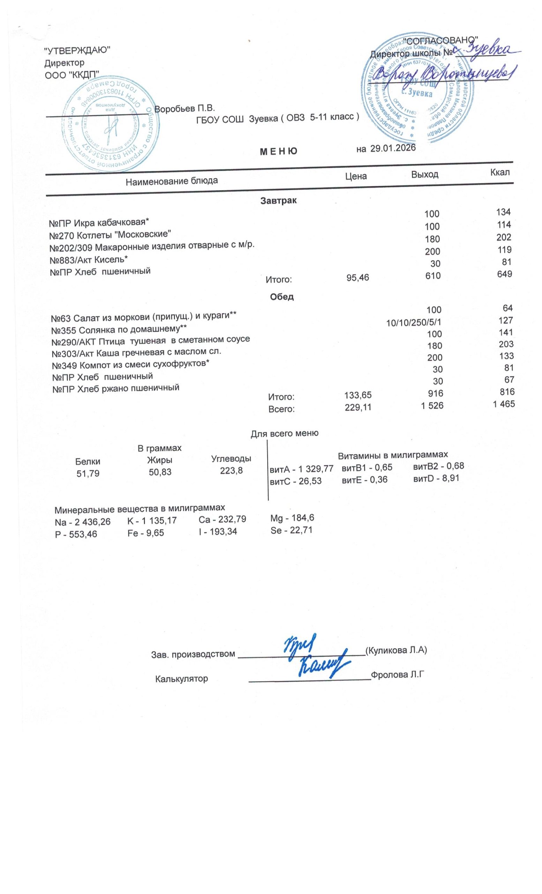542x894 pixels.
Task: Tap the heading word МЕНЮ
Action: coord(279,151)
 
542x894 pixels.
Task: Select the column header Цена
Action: coord(355,176)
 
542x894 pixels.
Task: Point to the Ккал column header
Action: coord(499,172)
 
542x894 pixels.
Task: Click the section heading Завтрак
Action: coord(278,200)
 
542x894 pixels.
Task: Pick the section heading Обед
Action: coord(281,297)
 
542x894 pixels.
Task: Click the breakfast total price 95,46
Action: coord(357,278)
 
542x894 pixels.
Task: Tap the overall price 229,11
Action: coord(357,408)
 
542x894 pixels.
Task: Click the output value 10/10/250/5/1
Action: coord(414,322)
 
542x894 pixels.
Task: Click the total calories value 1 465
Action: coord(503,404)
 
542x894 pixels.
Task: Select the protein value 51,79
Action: coord(88,474)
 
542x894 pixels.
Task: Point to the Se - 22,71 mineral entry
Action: coord(291,530)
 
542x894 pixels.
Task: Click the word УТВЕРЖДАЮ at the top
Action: coord(77,50)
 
